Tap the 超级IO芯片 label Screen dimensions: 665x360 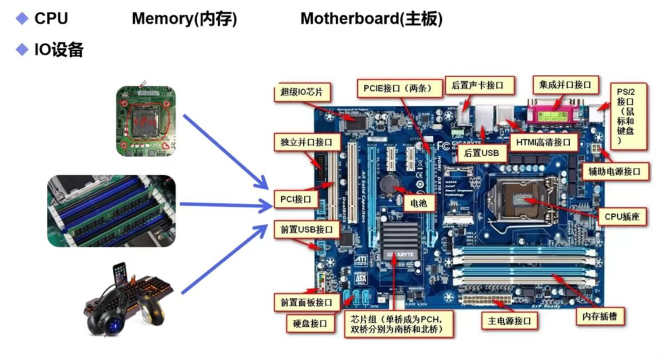[x=302, y=92]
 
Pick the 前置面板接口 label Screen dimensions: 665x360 [x=307, y=302]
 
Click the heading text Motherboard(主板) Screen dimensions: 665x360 [x=371, y=19]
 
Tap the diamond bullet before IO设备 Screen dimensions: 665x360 [x=22, y=50]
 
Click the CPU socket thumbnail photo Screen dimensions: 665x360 [x=145, y=121]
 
